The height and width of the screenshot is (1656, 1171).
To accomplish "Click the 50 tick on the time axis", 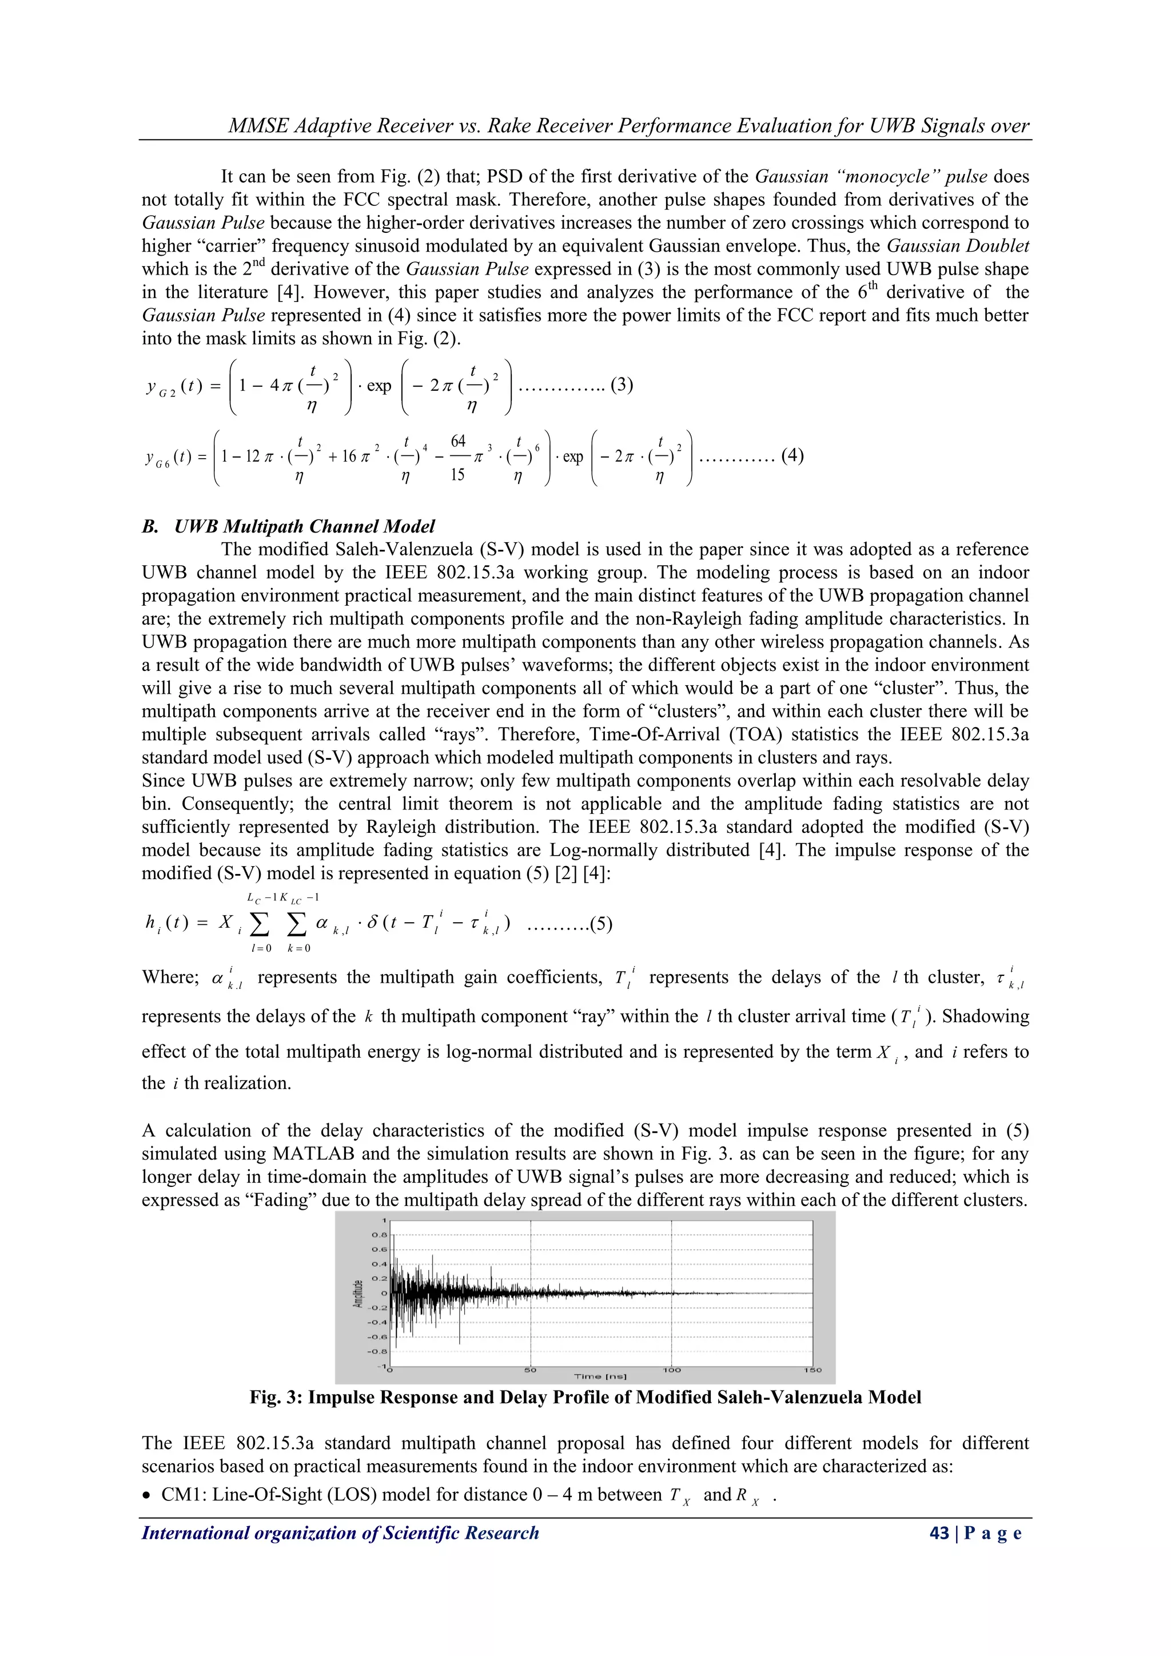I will pos(530,1371).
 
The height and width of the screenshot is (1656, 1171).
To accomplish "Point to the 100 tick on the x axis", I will pos(671,1371).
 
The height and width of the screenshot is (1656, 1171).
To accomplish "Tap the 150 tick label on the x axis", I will pos(812,1371).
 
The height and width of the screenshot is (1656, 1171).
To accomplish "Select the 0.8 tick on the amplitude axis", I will pos(379,1235).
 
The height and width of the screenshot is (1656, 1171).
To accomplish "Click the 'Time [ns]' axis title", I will pos(600,1377).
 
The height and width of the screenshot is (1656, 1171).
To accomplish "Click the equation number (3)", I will pos(622,384).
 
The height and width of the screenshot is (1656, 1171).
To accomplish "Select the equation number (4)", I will pos(792,455).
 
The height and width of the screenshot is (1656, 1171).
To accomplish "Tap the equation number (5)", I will pos(600,924).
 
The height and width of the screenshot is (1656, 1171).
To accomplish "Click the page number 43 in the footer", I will pos(939,1534).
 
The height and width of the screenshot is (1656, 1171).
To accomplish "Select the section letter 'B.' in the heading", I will pos(150,526).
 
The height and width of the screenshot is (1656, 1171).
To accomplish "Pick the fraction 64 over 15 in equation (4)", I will pos(458,457).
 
